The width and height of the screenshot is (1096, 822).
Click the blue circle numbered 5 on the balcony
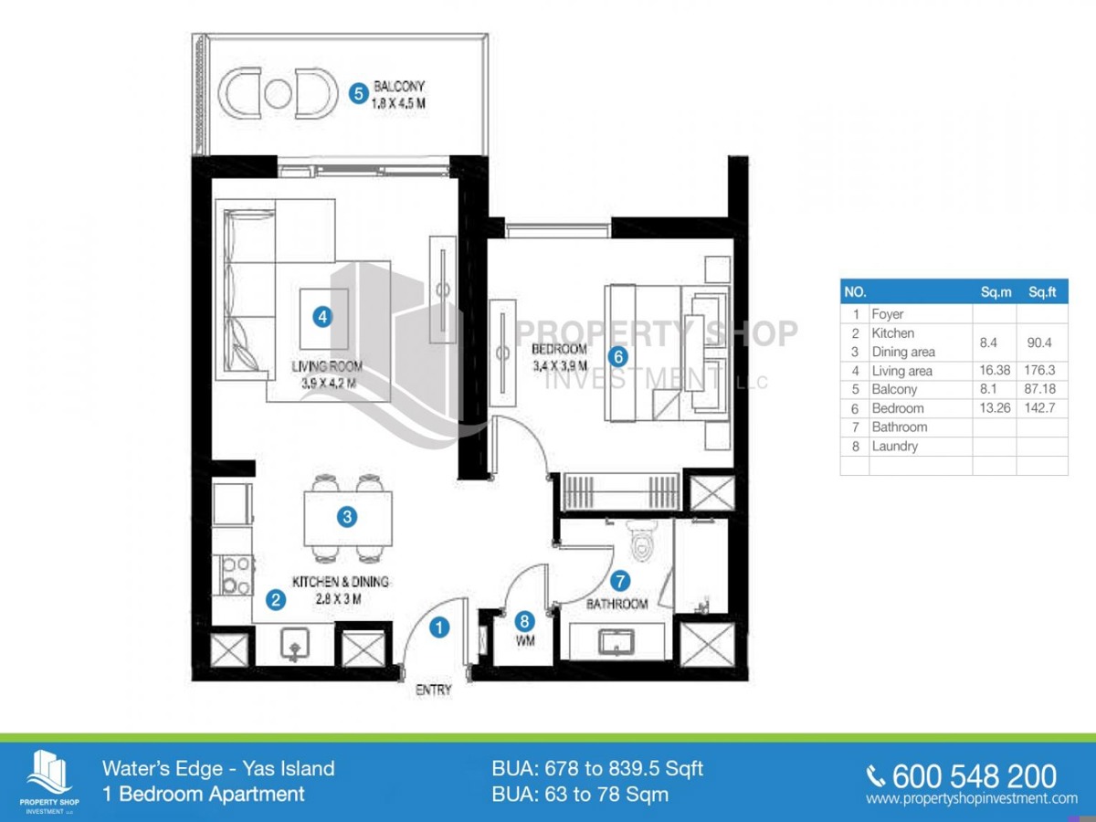pyautogui.click(x=359, y=92)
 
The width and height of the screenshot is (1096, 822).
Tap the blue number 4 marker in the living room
pyautogui.click(x=321, y=317)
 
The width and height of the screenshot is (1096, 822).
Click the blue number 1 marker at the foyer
pyautogui.click(x=439, y=627)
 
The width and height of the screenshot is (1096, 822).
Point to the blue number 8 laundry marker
pyautogui.click(x=523, y=620)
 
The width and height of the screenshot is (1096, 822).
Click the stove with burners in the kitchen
pyautogui.click(x=235, y=574)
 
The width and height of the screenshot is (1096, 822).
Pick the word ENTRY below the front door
pyautogui.click(x=433, y=690)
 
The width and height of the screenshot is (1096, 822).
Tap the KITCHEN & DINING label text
pyautogui.click(x=341, y=582)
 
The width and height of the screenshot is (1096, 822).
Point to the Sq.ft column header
pyautogui.click(x=1042, y=293)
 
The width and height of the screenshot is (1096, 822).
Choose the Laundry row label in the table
pyautogui.click(x=894, y=447)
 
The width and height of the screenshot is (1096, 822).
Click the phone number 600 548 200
pyautogui.click(x=974, y=776)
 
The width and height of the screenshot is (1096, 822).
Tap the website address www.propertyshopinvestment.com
pyautogui.click(x=972, y=799)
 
